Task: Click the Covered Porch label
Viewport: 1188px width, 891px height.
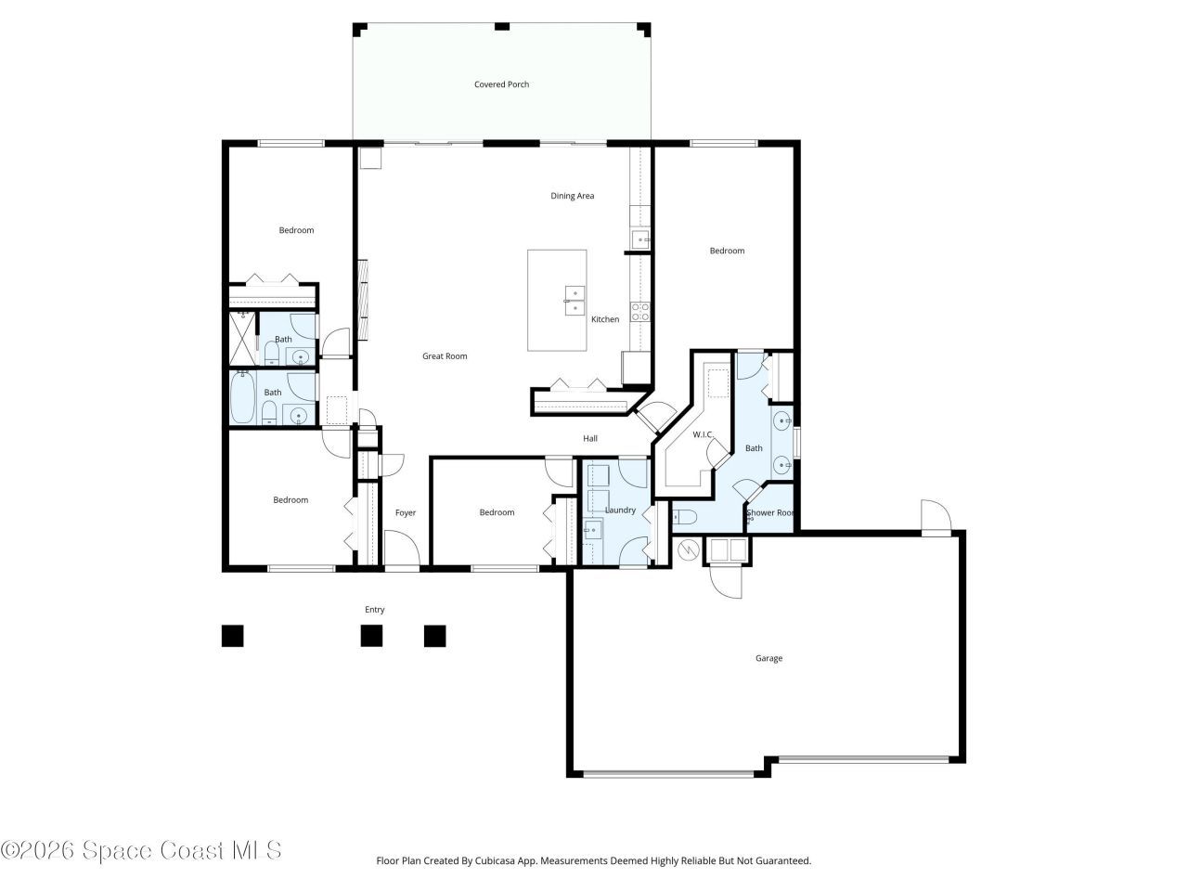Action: (x=501, y=84)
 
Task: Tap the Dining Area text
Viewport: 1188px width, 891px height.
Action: (x=572, y=196)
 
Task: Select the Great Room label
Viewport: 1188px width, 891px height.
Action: (x=445, y=356)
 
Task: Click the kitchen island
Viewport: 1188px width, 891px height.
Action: (x=557, y=300)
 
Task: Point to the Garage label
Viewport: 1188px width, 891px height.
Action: (x=768, y=658)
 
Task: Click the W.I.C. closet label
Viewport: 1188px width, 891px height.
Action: (x=703, y=434)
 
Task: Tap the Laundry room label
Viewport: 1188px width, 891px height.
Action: (x=620, y=510)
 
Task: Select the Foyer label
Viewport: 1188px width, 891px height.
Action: (x=406, y=513)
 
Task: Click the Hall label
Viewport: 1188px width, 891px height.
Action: (x=590, y=439)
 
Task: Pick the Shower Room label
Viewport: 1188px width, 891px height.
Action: (x=771, y=512)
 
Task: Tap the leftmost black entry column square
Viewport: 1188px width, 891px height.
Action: (x=232, y=636)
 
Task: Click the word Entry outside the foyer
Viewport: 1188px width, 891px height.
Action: (x=374, y=610)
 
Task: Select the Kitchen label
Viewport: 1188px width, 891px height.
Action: (x=605, y=319)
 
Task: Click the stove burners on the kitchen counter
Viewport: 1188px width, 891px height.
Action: (x=640, y=312)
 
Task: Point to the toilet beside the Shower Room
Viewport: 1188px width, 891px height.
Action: (x=683, y=517)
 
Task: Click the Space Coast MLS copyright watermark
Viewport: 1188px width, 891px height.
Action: (x=141, y=850)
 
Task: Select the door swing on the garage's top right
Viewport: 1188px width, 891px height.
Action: (x=935, y=516)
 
